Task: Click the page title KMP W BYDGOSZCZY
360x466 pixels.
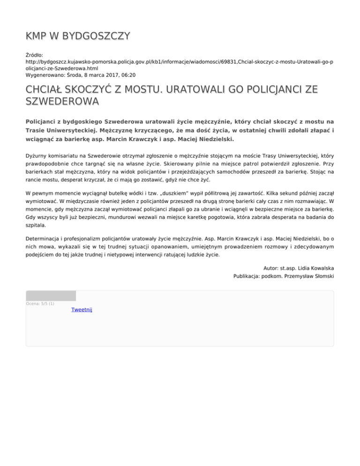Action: coord(78,36)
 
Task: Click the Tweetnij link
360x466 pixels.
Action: coord(82,310)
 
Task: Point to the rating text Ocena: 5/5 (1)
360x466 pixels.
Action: coord(40,303)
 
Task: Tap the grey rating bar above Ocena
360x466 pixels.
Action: coord(51,295)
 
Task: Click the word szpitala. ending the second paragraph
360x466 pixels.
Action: coord(37,225)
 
